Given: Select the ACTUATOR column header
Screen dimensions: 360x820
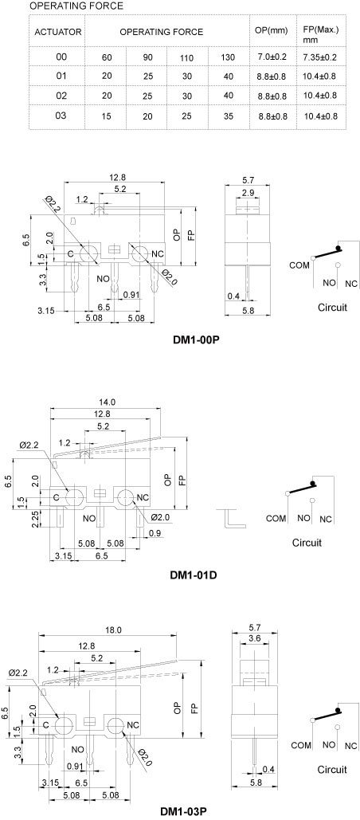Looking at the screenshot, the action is (x=57, y=32).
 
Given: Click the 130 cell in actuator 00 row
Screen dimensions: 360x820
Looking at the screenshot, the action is (x=228, y=57).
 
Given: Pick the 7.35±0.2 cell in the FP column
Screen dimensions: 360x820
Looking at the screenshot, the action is (x=319, y=57).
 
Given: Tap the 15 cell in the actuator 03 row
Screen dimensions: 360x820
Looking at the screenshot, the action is (x=106, y=116).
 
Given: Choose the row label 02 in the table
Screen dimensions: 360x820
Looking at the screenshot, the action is (x=61, y=96).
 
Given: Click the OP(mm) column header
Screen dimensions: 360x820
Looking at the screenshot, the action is (x=271, y=30).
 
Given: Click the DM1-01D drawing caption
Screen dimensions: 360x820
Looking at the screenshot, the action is (x=194, y=575).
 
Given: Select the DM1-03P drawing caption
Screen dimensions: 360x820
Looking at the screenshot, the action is (x=184, y=812).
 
